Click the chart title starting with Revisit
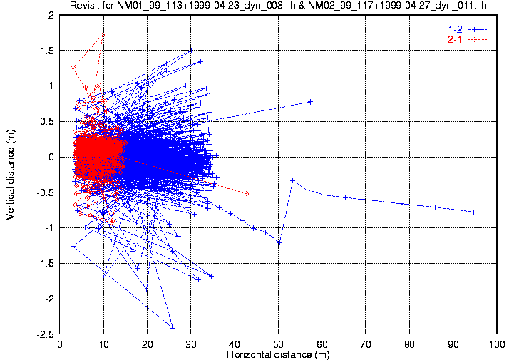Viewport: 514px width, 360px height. (277, 6)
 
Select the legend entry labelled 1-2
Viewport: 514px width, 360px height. (456, 29)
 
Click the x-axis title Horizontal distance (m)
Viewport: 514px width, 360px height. (277, 354)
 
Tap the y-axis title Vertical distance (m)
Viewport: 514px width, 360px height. (11, 174)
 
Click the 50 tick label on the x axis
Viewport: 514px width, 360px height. (279, 344)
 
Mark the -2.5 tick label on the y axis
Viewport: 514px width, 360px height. (46, 334)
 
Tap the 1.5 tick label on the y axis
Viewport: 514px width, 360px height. (48, 50)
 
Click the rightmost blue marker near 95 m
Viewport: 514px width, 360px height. (474, 212)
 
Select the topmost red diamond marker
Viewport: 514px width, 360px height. (103, 34)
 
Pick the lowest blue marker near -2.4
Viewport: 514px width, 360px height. (173, 328)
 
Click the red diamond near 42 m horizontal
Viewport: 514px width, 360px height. (247, 193)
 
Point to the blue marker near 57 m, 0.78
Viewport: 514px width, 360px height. (310, 101)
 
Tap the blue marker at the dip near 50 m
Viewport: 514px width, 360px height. (279, 242)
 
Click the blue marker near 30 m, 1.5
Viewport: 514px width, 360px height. (191, 51)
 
